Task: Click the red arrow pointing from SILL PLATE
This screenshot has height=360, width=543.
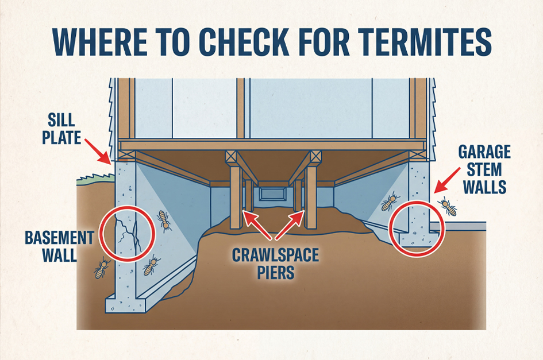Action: click(98, 151)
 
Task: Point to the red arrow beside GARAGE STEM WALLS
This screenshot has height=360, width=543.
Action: click(447, 180)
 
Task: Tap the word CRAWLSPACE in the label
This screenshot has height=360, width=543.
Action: click(275, 256)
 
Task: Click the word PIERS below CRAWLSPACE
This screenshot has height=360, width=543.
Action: click(276, 272)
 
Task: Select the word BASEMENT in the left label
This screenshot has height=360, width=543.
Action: click(60, 238)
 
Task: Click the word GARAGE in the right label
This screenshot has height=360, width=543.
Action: click(484, 152)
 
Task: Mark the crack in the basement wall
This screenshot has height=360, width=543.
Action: click(128, 233)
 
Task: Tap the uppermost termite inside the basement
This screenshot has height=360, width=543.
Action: click(164, 221)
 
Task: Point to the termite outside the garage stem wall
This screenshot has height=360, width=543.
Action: click(448, 207)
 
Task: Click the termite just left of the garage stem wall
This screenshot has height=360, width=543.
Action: click(390, 201)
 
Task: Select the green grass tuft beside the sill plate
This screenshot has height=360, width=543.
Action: click(95, 177)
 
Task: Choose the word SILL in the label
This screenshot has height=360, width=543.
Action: click(61, 120)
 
